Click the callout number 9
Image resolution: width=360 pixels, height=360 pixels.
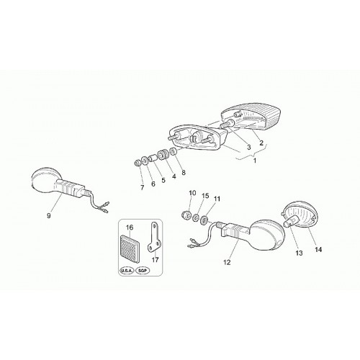coord(49,216)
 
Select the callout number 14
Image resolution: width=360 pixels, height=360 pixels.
coord(318,250)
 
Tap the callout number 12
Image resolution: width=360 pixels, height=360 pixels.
coord(227,263)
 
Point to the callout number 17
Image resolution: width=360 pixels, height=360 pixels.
coord(156,260)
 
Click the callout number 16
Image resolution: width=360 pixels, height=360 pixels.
coord(130,228)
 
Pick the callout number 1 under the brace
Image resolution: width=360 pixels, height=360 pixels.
coord(255,161)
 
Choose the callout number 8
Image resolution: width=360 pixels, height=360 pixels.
coord(184,173)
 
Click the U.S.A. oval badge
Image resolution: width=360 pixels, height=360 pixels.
coord(127,271)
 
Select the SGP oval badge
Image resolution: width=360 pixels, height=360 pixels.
coord(143,271)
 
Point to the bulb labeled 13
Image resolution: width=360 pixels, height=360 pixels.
coord(290,221)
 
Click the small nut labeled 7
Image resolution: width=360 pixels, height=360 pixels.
coord(138,163)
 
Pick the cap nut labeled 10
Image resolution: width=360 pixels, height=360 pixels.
coord(187,213)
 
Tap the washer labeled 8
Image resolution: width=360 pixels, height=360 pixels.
coord(174,151)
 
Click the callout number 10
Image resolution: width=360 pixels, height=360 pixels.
coord(192,193)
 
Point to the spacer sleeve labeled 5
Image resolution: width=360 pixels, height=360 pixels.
coord(153,158)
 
